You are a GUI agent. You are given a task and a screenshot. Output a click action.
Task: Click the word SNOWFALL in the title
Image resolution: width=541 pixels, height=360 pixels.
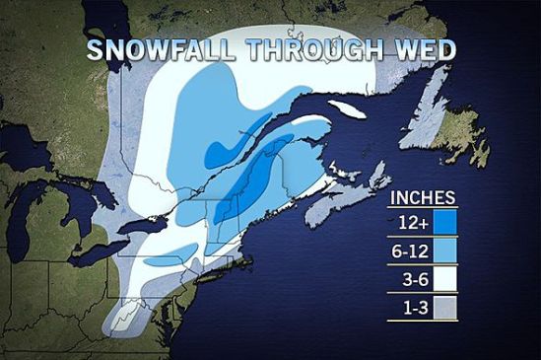[149, 51]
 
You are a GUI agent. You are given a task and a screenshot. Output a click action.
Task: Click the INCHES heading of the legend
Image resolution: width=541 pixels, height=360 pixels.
[423, 196]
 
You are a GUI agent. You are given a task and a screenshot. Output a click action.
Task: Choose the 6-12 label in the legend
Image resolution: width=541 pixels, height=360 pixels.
[408, 252]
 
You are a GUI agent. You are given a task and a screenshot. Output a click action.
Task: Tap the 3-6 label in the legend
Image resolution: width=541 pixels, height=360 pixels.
[410, 280]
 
